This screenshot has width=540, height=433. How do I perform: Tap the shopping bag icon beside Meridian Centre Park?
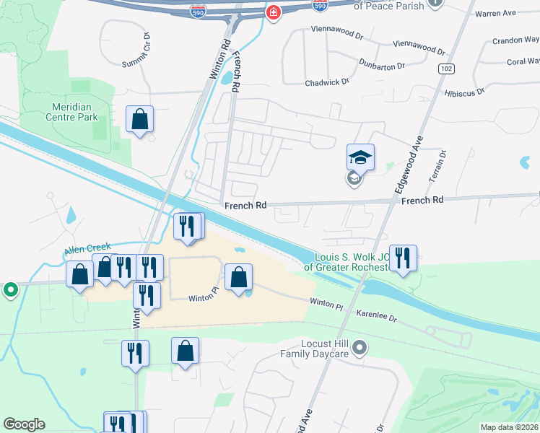[139, 120]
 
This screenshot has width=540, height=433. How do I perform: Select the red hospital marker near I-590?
[274, 12]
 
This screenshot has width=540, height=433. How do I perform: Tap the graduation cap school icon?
[360, 157]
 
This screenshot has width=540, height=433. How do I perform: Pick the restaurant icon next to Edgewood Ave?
[403, 258]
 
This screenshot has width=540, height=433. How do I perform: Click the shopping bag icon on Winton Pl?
[238, 278]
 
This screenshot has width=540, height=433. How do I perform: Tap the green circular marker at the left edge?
[10, 290]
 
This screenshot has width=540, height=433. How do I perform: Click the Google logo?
[24, 424]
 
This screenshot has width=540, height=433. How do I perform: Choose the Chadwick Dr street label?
[326, 82]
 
